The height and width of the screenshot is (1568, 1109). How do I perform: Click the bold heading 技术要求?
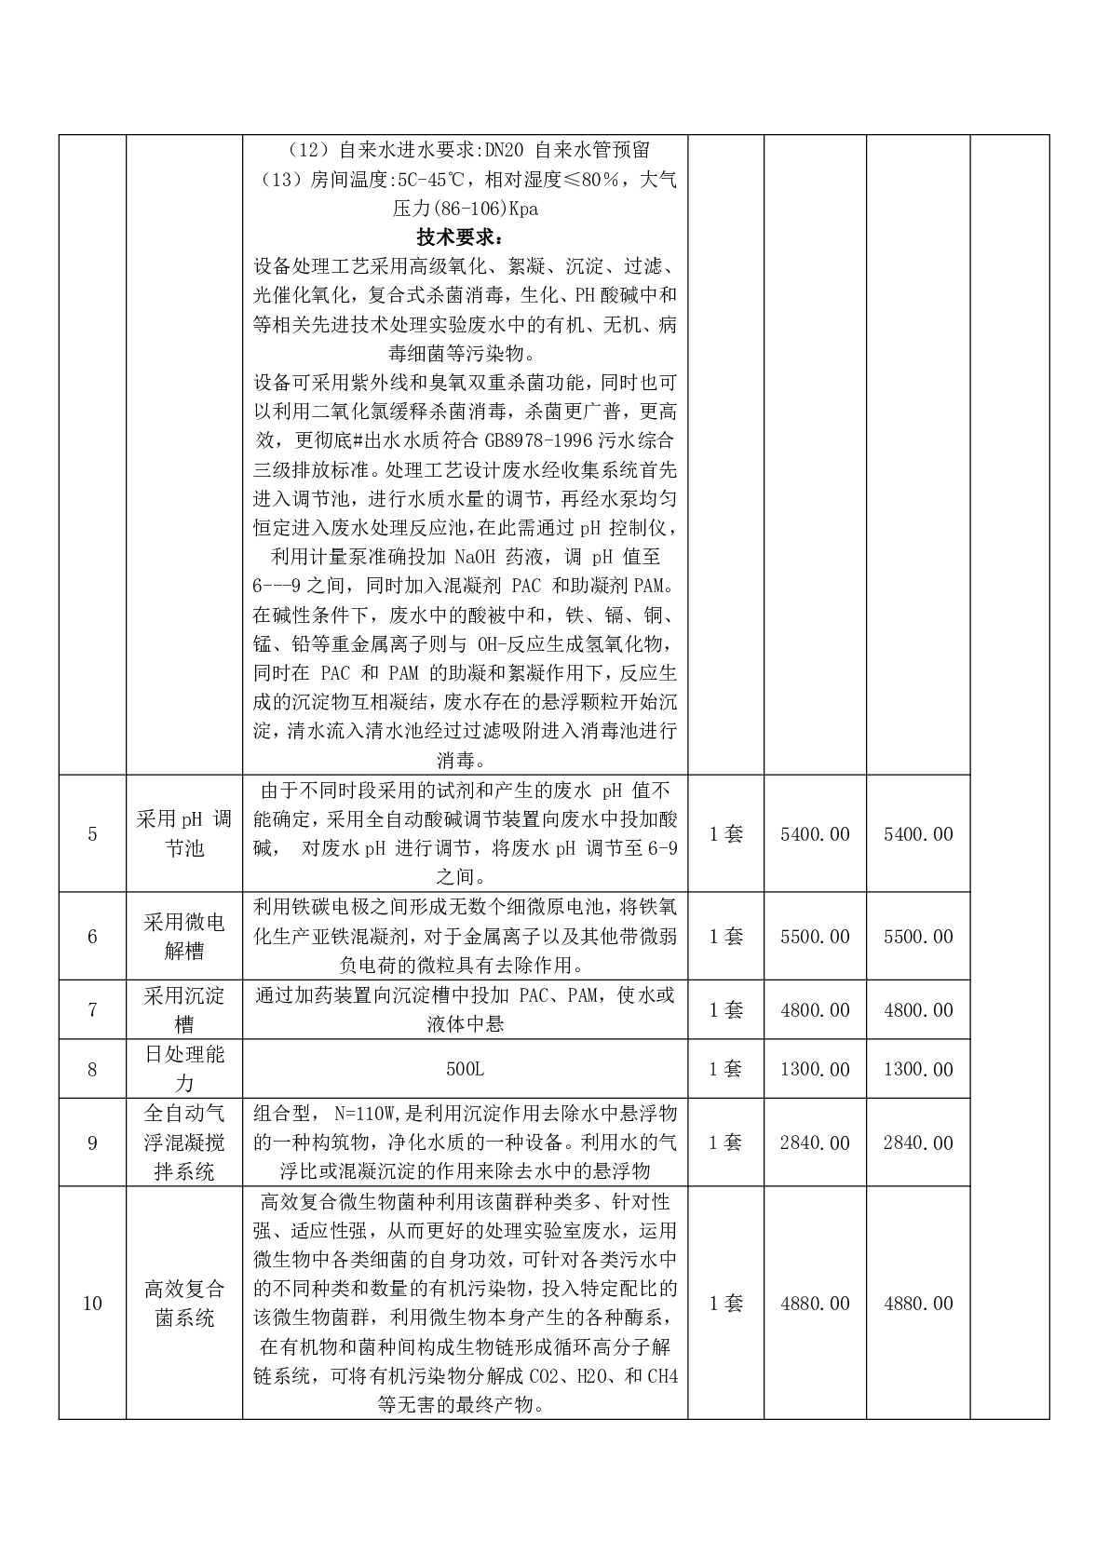click(x=464, y=237)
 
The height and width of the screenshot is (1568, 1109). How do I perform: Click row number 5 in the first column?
click(x=92, y=833)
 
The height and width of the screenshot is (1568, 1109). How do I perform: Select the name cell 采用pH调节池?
click(x=184, y=833)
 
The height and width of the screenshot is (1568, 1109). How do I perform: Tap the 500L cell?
click(x=465, y=1069)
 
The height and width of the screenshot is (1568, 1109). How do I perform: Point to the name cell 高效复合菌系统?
click(x=184, y=1303)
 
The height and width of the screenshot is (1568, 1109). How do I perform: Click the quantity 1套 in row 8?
click(x=726, y=1069)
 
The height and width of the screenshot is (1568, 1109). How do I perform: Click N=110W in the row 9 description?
click(x=364, y=1113)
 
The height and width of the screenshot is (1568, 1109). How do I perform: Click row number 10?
click(x=92, y=1303)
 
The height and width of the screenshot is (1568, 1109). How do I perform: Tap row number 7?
click(x=92, y=1009)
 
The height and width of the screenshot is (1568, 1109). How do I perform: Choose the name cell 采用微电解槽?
click(x=184, y=936)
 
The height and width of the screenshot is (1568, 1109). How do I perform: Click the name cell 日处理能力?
click(x=184, y=1069)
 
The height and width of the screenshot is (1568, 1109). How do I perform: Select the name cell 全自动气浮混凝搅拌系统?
click(x=184, y=1142)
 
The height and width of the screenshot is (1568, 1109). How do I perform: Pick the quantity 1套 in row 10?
click(x=726, y=1303)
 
